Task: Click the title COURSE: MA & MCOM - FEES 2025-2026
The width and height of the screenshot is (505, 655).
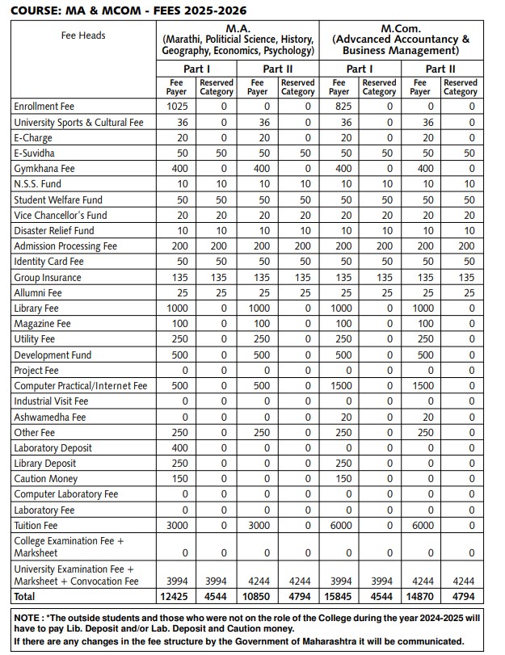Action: pyautogui.click(x=128, y=10)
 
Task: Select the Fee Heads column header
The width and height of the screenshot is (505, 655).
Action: pyautogui.click(x=83, y=36)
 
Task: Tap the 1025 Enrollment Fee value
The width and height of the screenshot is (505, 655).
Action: pyautogui.click(x=177, y=107)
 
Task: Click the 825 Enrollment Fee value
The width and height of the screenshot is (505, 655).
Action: pyautogui.click(x=340, y=107)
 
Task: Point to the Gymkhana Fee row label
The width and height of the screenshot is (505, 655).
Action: pyautogui.click(x=44, y=169)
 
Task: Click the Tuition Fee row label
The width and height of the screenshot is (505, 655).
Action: pyautogui.click(x=36, y=526)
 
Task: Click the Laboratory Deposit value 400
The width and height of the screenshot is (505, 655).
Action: pyautogui.click(x=177, y=448)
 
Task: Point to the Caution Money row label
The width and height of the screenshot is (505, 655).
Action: pyautogui.click(x=46, y=479)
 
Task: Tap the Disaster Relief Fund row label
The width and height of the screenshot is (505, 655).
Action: pyautogui.click(x=53, y=231)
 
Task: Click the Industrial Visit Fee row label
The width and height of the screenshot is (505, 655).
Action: pyautogui.click(x=51, y=401)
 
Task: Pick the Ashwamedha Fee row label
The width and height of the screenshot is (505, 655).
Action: pyautogui.click(x=49, y=418)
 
